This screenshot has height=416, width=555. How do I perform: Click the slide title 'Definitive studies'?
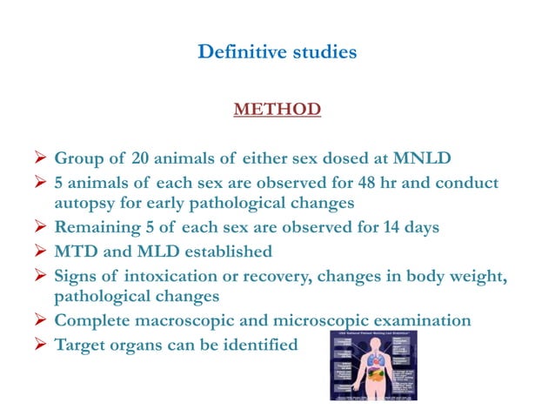277,52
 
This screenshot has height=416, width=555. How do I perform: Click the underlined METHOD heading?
277,110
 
